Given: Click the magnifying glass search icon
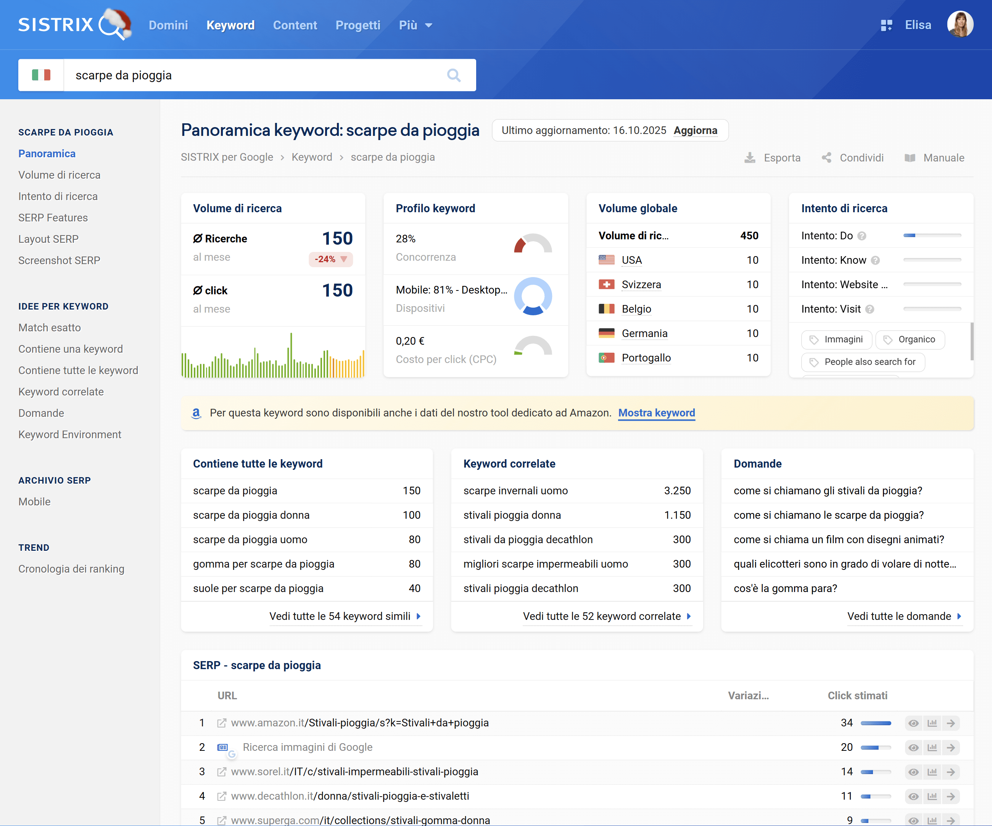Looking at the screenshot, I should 454,75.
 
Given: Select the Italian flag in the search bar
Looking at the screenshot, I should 41,75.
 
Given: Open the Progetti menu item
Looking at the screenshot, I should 358,25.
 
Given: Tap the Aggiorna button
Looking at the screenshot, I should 695,131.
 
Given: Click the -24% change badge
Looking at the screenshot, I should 330,259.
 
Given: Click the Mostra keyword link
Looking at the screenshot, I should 656,413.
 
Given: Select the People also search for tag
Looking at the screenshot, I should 863,362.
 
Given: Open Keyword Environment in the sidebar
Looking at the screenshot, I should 70,434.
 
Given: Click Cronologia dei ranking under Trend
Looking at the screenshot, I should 71,569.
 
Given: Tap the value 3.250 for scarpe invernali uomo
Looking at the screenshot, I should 677,490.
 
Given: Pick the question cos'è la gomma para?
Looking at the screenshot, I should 785,588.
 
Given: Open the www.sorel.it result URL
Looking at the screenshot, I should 354,772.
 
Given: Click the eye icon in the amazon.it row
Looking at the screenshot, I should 913,723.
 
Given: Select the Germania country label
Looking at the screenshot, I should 644,334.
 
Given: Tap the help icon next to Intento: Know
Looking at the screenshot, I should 875,260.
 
